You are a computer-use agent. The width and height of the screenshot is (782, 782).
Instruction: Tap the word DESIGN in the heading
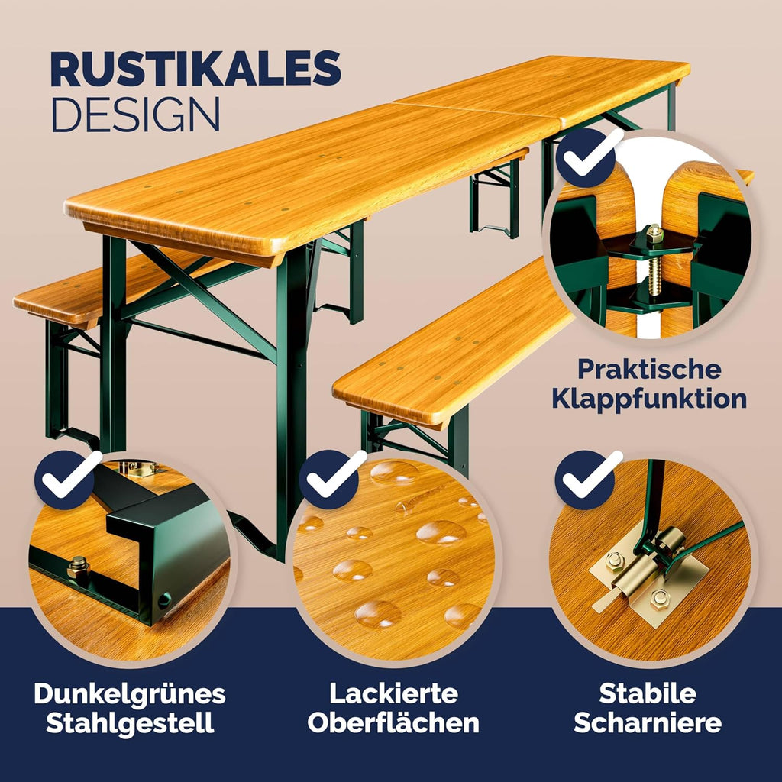click(136, 115)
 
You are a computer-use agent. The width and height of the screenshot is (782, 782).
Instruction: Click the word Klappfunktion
click(649, 399)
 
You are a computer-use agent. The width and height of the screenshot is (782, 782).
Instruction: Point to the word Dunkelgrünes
click(130, 693)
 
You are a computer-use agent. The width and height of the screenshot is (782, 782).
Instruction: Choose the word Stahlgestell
click(130, 723)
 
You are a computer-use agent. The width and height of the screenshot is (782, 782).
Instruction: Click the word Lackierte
click(393, 693)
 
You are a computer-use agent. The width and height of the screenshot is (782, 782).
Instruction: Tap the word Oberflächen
click(393, 722)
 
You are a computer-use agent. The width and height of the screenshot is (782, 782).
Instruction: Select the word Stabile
click(648, 693)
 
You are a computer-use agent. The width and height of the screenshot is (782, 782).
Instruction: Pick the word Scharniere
click(648, 722)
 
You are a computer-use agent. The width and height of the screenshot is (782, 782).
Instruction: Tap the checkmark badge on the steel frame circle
click(65, 480)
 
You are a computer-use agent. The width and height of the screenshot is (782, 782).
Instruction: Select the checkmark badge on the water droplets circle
click(329, 480)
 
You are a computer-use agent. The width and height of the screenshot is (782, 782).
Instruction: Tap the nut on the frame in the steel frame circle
click(77, 567)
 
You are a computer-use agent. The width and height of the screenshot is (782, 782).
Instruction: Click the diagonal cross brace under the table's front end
click(205, 299)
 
